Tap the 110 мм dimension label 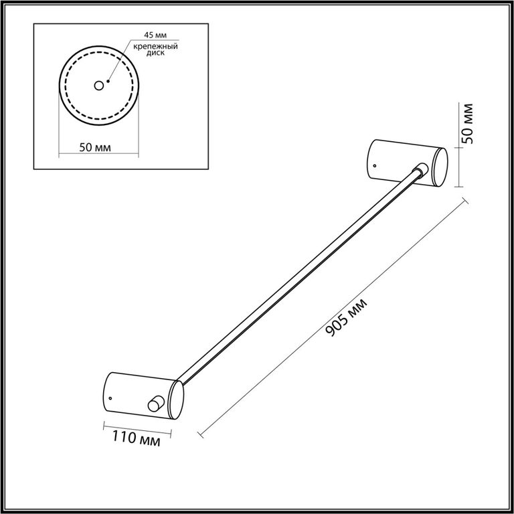click(137, 438)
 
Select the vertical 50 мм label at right click(467, 124)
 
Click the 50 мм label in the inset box click(95, 147)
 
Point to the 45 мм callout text click(155, 35)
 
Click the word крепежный click(155, 46)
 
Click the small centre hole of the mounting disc click(98, 86)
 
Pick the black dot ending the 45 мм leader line click(108, 81)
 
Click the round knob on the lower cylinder click(155, 403)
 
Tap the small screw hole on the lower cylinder click(110, 399)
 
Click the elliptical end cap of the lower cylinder click(176, 400)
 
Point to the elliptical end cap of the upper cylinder click(440, 167)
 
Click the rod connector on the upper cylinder click(421, 169)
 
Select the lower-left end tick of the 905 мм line click(201, 434)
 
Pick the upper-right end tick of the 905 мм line click(465, 201)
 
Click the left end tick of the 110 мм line click(104, 426)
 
